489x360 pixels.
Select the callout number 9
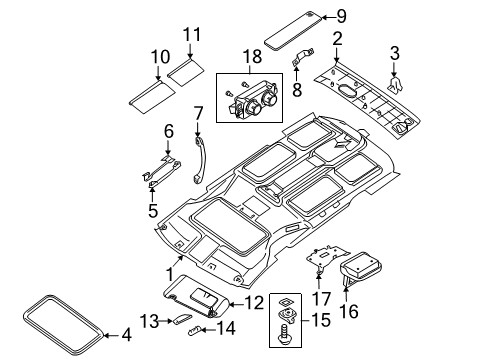click(341, 15)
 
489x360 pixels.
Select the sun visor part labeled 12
click(200, 297)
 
